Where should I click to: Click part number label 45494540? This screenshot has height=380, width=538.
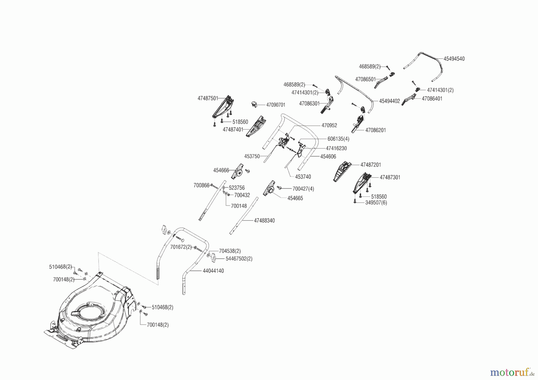pos(454,59)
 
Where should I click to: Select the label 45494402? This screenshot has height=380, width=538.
pos(389,101)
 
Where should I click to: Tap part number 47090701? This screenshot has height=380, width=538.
pos(275,105)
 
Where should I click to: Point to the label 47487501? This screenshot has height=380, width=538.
pos(208,98)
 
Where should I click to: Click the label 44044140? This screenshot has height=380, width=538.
pos(213,271)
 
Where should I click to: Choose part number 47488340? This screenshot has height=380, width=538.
pos(264,220)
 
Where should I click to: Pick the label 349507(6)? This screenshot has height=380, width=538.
pos(376,203)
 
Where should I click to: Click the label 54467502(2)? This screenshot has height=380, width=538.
pos(239,258)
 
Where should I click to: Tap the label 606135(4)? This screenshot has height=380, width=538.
pos(338,139)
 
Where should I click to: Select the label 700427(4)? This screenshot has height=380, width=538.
pos(303,189)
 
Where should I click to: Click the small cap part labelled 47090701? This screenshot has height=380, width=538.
pos(253,104)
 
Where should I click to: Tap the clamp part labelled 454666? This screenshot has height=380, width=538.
pos(237,172)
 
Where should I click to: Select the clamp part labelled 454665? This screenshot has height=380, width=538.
pos(269,189)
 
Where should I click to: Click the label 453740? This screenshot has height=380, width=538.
pos(303,177)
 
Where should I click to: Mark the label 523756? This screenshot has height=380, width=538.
pos(236,188)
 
